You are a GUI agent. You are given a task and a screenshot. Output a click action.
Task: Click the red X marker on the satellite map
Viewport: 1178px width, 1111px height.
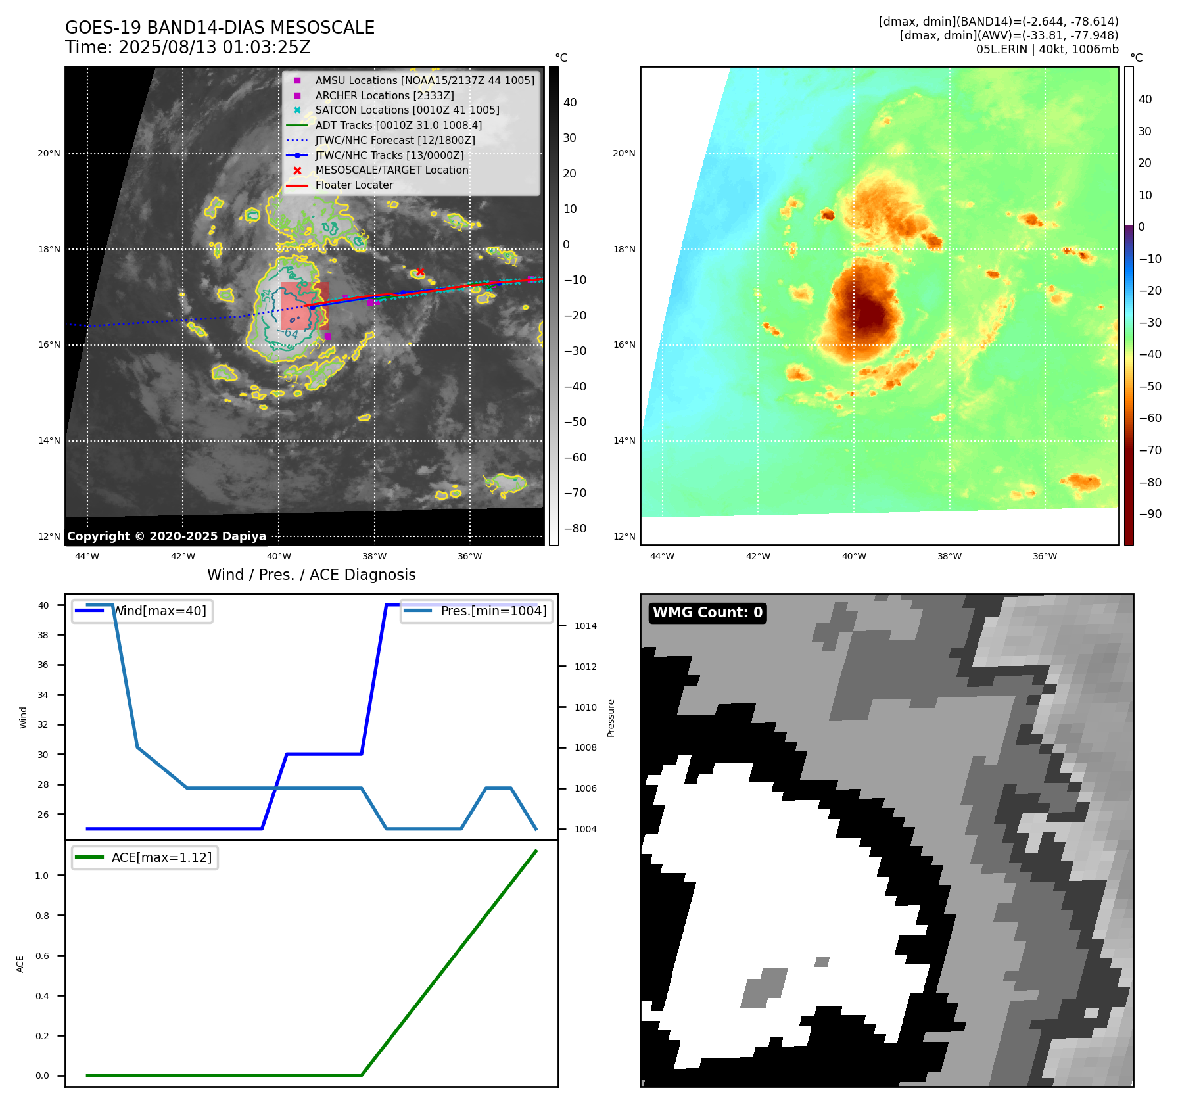420,272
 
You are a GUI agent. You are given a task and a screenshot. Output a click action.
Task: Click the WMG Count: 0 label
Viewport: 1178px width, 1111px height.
707,613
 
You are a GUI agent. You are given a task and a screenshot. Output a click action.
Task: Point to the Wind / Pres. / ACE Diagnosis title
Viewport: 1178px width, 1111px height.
311,575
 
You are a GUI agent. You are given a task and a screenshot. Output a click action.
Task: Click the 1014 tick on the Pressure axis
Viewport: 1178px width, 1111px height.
585,626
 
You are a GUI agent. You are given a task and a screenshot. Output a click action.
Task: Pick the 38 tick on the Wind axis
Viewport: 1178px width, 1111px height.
43,635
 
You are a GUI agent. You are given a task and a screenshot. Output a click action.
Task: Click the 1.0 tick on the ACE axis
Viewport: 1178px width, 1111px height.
42,876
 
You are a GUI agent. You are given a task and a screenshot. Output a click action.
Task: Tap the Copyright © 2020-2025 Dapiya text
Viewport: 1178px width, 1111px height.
166,536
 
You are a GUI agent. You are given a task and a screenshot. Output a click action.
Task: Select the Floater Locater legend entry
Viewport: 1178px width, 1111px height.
354,185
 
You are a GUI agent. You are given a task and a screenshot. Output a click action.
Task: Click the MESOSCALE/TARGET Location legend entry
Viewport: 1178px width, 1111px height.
391,170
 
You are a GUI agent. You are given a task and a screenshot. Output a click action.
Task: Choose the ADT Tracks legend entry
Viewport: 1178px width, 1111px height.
398,125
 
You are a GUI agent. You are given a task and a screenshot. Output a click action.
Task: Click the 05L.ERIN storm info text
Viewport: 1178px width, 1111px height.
1047,49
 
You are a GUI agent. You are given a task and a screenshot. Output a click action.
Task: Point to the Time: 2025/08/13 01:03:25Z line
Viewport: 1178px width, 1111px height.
187,47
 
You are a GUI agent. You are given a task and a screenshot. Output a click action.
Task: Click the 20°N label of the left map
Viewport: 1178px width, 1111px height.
49,154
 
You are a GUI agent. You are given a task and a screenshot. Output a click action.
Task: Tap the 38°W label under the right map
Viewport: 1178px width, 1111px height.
949,557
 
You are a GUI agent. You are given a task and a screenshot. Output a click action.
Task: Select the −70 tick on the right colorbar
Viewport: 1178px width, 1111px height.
1150,450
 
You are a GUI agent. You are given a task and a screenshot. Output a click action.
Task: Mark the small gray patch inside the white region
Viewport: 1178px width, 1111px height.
765,987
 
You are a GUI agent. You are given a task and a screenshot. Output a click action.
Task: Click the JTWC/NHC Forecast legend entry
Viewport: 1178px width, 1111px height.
394,140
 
